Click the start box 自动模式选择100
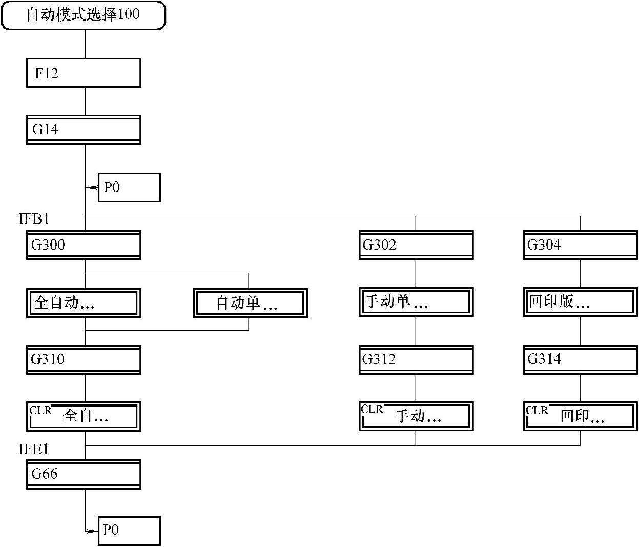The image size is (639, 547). pos(84,15)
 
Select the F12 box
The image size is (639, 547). pos(84,73)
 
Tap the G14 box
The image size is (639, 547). pos(84,130)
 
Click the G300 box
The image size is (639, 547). pos(84,245)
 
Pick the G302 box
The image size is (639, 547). pos(416,245)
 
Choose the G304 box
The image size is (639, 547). pos(580,245)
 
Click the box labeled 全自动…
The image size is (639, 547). pos(84,303)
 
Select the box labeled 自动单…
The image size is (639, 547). pos(250,303)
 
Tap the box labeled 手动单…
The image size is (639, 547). pos(416,301)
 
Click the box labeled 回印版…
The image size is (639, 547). pos(580,301)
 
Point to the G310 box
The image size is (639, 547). pos(84,359)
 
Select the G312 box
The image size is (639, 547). pos(416,359)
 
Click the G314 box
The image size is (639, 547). pos(580,359)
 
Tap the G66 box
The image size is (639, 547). pos(84,474)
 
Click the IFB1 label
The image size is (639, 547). pos(34,219)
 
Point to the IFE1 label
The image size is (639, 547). pos(34,450)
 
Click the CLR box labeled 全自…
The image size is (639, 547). pos(84,416)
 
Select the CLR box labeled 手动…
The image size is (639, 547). pos(416,416)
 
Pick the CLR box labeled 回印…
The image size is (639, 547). pos(580,416)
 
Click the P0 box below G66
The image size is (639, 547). pos(129,530)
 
